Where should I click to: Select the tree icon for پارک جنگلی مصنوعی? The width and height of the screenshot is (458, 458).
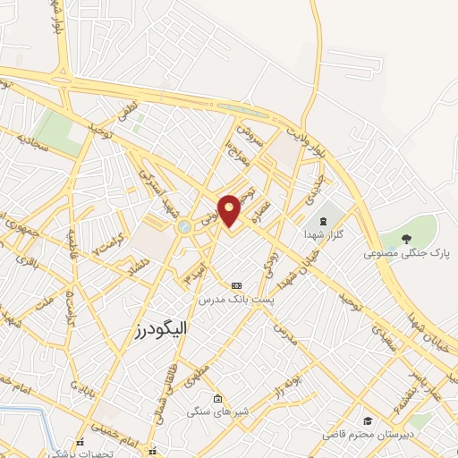pyautogui.click(x=407, y=238)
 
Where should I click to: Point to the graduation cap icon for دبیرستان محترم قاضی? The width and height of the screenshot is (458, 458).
pyautogui.click(x=367, y=420)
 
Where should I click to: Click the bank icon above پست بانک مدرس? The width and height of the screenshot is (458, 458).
pyautogui.click(x=236, y=283)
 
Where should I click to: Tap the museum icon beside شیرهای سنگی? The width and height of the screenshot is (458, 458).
pyautogui.click(x=218, y=398)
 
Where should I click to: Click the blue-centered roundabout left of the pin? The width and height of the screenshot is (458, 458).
pyautogui.click(x=185, y=228)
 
